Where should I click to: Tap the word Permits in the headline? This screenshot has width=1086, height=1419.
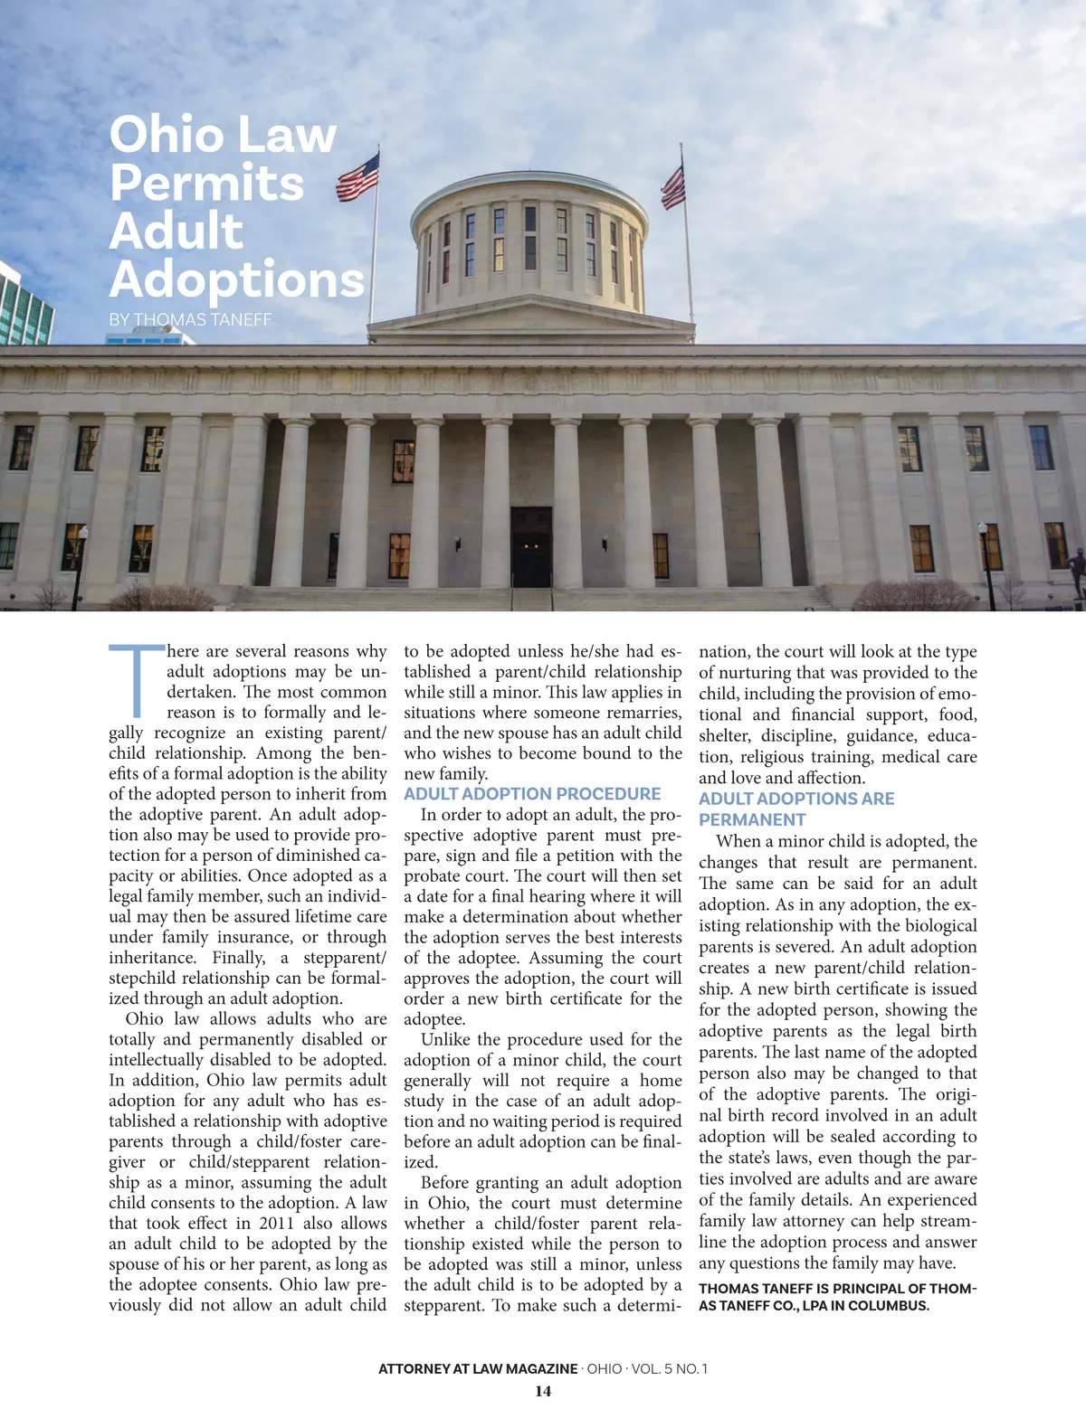(206, 183)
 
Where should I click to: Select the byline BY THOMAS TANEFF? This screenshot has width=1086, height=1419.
(190, 319)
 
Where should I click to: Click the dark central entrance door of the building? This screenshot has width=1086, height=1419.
(531, 548)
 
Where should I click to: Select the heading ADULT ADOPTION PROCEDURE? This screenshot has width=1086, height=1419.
(532, 794)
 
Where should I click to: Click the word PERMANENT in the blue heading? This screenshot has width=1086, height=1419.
(752, 819)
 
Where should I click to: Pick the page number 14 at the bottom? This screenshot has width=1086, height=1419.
(543, 1391)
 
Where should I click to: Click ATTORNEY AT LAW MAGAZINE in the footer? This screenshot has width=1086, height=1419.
(478, 1368)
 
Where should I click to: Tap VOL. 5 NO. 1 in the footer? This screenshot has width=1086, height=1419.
(670, 1368)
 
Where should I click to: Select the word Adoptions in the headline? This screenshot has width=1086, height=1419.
(237, 279)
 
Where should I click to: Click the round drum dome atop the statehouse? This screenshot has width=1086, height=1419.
(529, 237)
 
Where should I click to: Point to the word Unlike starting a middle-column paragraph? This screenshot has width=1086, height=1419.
(446, 1039)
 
